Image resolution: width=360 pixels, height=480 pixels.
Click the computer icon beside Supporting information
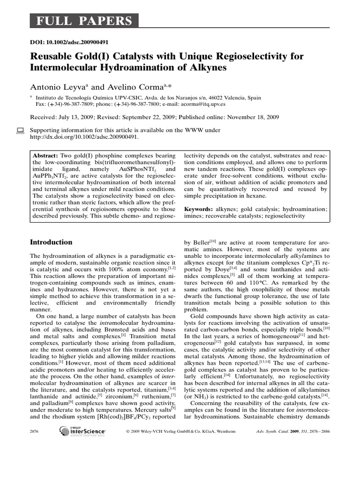20,131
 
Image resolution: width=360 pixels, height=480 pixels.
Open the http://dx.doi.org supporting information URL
84,137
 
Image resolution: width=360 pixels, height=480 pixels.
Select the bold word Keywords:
200,208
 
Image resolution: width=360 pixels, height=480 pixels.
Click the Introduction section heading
51,242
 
